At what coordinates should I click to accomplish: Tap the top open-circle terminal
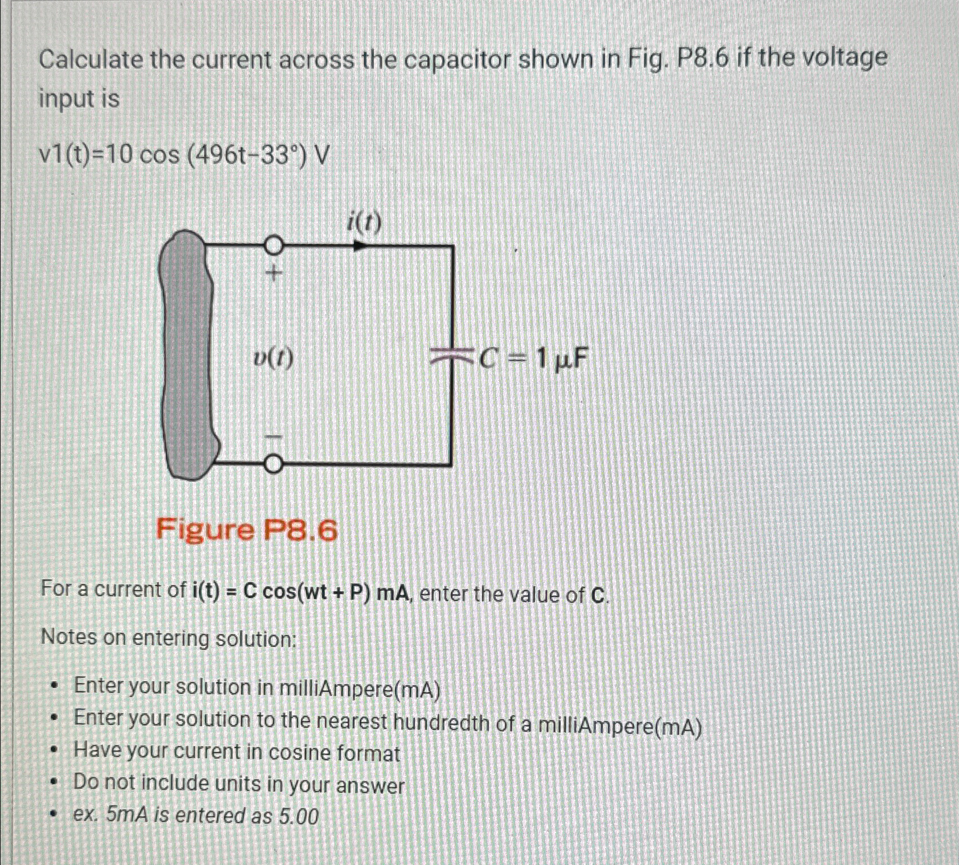coord(273,245)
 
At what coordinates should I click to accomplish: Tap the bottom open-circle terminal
coord(273,464)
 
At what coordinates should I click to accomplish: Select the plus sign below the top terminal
coord(273,275)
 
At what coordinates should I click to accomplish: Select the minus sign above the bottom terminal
coord(273,436)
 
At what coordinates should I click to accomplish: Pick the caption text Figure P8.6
coord(246,531)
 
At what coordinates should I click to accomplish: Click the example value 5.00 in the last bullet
coord(299,817)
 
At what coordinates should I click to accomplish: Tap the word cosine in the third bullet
coord(300,753)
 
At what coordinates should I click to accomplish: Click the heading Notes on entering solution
coord(168,639)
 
